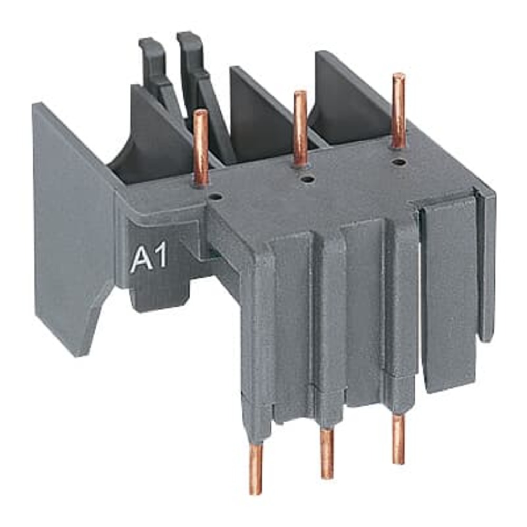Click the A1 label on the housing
click(x=149, y=259)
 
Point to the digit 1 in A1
click(x=160, y=258)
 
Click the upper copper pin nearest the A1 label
click(x=200, y=148)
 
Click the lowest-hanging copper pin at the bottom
click(x=256, y=469)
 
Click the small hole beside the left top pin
click(x=215, y=197)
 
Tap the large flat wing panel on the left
click(x=74, y=221)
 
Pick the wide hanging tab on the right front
click(x=448, y=295)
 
